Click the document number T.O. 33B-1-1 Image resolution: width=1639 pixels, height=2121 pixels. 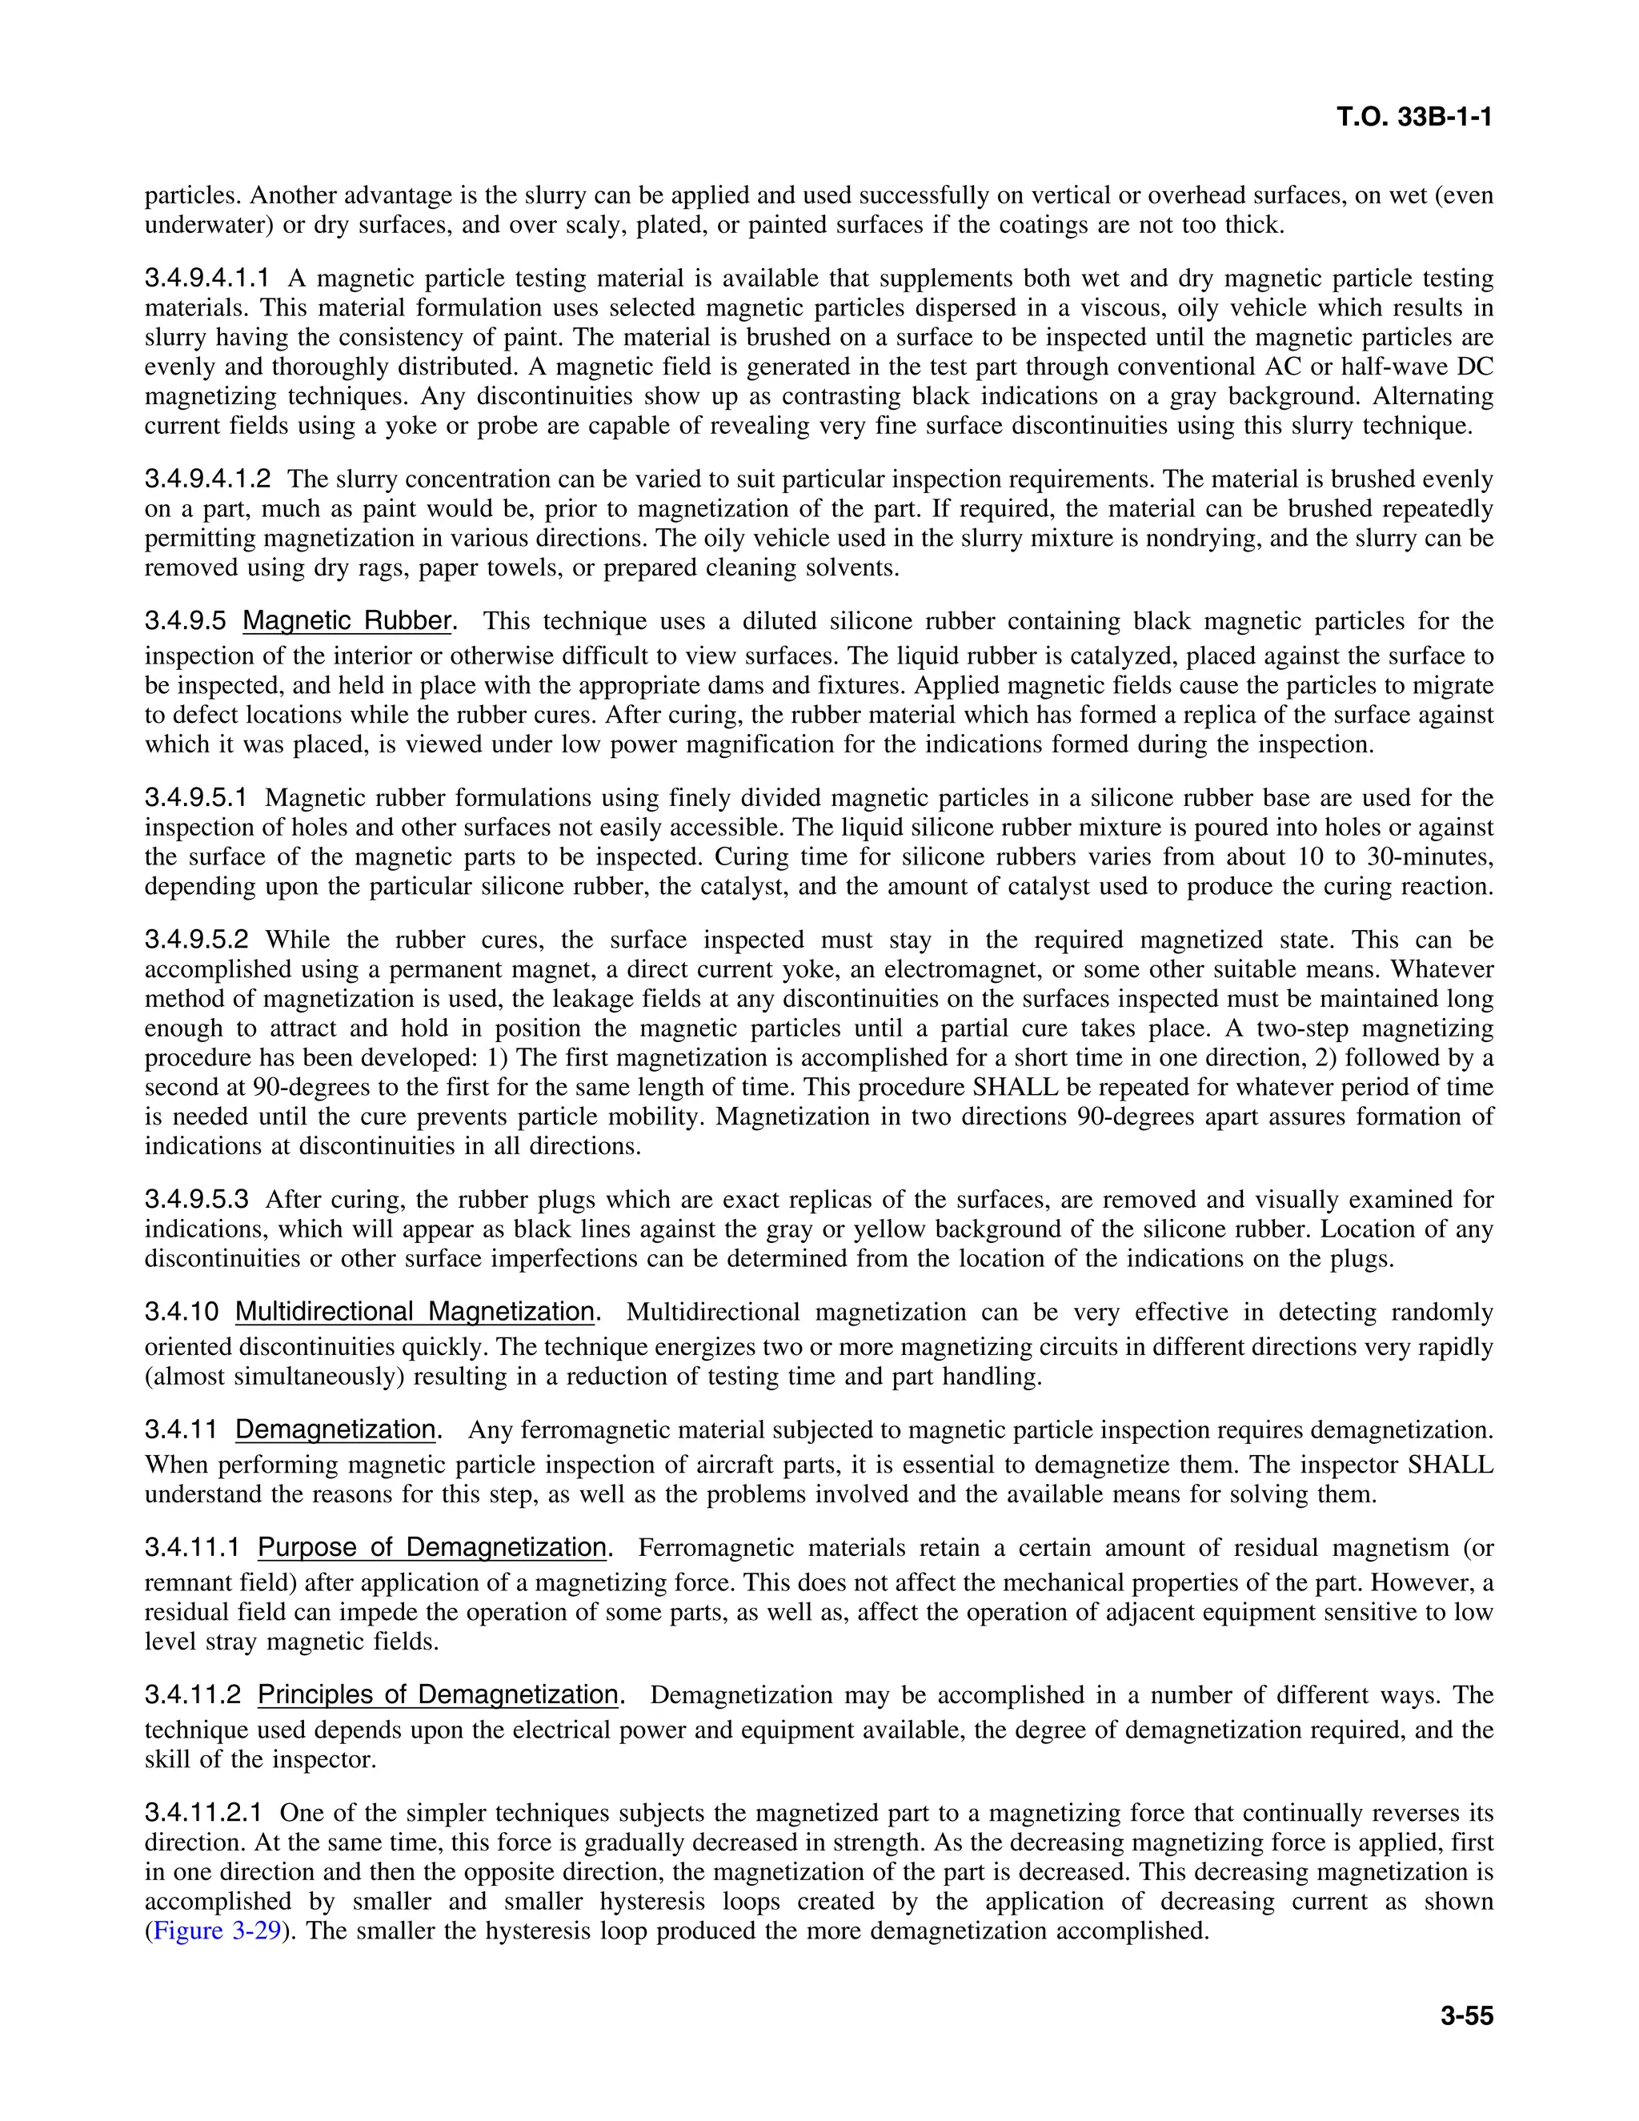pos(1414,118)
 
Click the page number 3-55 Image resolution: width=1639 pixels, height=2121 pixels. pos(1466,2015)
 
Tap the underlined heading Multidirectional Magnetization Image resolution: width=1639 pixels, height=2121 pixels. pos(415,1312)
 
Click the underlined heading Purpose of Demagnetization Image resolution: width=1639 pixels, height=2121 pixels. pos(432,1547)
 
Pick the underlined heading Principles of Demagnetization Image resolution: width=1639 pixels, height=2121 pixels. pos(438,1694)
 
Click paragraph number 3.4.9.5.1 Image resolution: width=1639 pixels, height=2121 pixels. pos(196,798)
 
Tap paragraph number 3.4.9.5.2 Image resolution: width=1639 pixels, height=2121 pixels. pos(196,940)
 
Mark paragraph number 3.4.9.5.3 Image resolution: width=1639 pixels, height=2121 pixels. pos(196,1200)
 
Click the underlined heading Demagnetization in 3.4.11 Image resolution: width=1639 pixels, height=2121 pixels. pos(335,1429)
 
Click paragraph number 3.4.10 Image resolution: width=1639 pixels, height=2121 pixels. pos(182,1312)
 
